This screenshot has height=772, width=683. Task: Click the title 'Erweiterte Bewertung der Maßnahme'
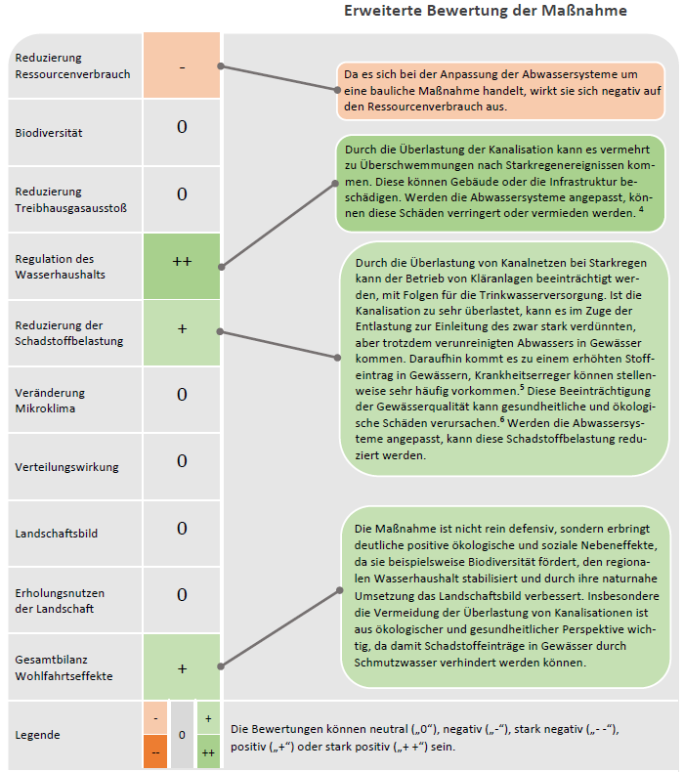tap(486, 11)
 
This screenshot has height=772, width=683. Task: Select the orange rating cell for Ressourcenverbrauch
tap(183, 66)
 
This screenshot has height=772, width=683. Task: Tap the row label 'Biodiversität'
tap(49, 133)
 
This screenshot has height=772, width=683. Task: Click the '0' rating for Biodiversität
tap(183, 128)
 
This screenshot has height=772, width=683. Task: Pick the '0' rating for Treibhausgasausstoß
tap(183, 195)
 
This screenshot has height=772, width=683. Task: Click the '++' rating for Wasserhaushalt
tap(183, 262)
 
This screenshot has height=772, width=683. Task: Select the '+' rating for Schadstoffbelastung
tap(183, 329)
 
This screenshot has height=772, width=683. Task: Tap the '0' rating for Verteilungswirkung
tap(183, 461)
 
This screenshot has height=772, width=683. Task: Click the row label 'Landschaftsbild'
tap(57, 534)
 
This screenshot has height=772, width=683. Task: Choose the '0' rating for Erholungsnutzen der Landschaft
tap(183, 595)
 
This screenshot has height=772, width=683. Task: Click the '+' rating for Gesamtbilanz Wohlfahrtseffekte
tap(183, 669)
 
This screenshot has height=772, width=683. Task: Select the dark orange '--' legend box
tap(155, 751)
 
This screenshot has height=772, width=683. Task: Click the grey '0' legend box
tap(182, 734)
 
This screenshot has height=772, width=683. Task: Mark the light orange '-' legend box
tap(155, 717)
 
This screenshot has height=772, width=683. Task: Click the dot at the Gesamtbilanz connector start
tap(223, 666)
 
